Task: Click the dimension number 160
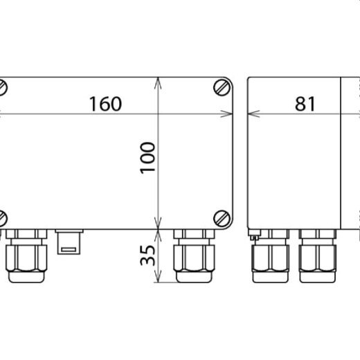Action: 105,104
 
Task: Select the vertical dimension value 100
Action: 147,158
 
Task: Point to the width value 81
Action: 305,104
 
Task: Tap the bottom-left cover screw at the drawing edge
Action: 3,217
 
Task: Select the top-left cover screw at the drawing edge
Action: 3,88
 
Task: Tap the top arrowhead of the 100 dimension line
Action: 160,81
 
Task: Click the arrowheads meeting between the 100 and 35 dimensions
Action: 160,228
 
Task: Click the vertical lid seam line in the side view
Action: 342,152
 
